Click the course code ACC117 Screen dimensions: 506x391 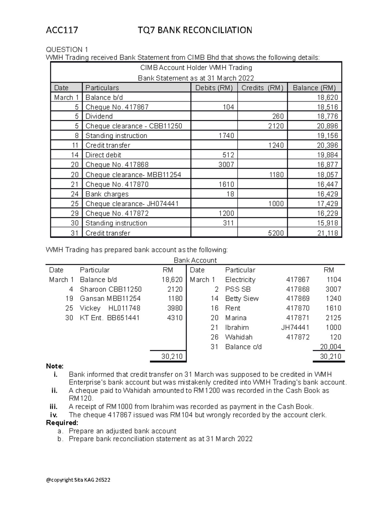coord(62,30)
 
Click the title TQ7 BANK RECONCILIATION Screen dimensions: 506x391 coord(195,30)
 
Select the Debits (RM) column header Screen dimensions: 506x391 coord(214,88)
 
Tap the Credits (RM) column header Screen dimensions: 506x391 coord(262,88)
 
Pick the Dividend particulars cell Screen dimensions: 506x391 coord(99,116)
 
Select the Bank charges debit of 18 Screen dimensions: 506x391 coord(230,194)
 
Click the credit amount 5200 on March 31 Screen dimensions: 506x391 coord(276,233)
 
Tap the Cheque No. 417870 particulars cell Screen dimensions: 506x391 coord(117,184)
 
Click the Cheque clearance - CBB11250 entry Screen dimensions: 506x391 coord(134,126)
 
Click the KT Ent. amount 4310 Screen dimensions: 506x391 coord(175,318)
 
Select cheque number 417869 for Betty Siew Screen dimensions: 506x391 coord(297,298)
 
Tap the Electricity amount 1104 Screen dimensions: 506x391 coord(334,280)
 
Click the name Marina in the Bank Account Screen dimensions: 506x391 coord(236,318)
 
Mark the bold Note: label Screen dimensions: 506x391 coord(55,366)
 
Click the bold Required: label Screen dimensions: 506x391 coord(62,423)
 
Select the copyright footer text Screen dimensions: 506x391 coord(78,480)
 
